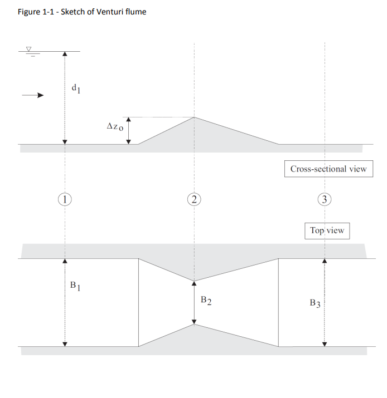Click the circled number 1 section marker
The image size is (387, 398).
[x=65, y=199]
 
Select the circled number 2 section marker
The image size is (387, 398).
[x=194, y=199]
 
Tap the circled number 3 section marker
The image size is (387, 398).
[x=325, y=199]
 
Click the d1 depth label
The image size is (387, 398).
[x=76, y=89]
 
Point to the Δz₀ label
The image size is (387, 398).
[x=115, y=126]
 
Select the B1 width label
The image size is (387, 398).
[x=75, y=286]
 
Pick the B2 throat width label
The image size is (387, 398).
[x=206, y=301]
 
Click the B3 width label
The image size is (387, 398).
[x=315, y=303]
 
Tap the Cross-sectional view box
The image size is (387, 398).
[x=328, y=169]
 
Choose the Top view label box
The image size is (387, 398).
[x=327, y=230]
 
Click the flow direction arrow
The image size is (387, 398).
[x=33, y=95]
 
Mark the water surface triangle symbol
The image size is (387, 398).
[x=29, y=49]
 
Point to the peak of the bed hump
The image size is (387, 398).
[x=194, y=117]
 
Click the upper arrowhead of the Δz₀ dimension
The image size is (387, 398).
[x=129, y=120]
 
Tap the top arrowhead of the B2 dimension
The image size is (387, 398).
[x=194, y=283]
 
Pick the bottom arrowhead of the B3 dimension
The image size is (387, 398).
[x=325, y=344]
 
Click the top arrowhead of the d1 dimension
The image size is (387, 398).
[x=65, y=54]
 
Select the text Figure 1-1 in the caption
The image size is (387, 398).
[x=36, y=12]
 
